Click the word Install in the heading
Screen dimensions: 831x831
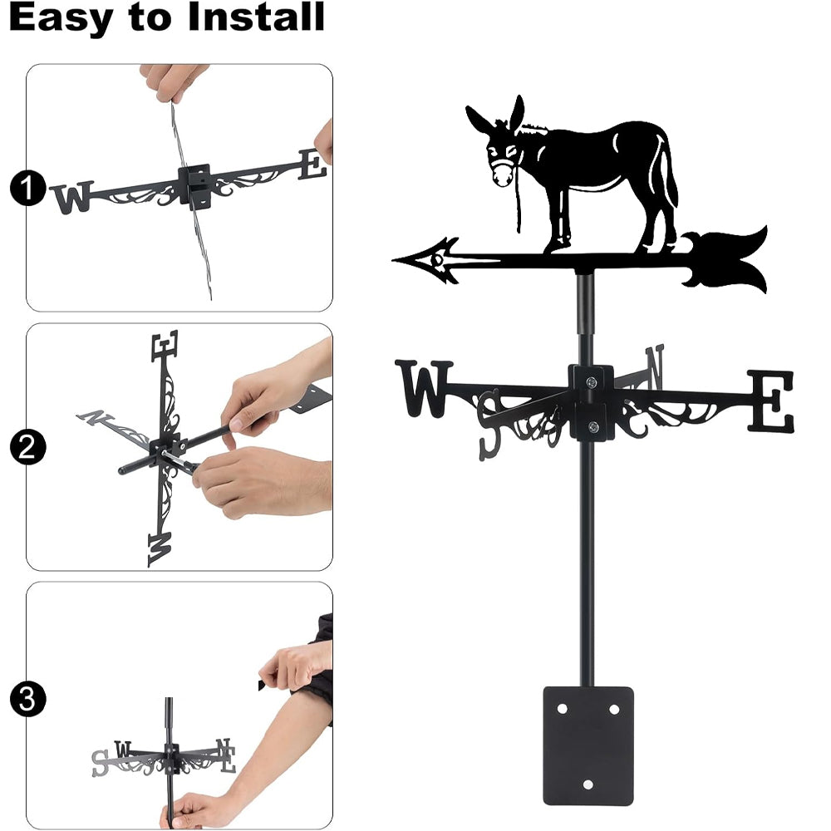pos(256,17)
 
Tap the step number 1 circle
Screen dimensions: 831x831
pos(27,188)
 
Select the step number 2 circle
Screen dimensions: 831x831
pos(27,447)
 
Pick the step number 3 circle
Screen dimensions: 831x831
pos(27,699)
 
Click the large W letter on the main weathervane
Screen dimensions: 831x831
pos(424,388)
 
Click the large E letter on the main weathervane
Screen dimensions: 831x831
pos(771,401)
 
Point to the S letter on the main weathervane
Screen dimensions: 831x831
pos(489,424)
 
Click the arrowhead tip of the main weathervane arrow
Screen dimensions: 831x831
pos(394,259)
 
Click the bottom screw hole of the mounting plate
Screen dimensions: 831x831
pos(588,785)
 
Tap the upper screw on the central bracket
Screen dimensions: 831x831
pos(592,381)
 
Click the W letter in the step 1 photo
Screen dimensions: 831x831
pos(71,198)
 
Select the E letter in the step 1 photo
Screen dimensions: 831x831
pos(312,165)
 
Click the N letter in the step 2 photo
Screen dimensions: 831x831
pos(96,418)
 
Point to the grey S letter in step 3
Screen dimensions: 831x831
pos(100,763)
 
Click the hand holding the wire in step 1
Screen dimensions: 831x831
pos(175,81)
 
